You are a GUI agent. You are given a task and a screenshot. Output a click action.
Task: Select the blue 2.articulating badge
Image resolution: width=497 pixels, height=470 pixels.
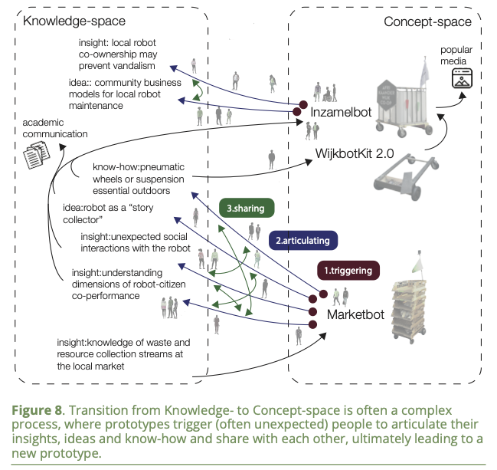(x=302, y=239)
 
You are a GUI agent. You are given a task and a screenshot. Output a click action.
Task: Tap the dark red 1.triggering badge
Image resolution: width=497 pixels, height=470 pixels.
(x=350, y=270)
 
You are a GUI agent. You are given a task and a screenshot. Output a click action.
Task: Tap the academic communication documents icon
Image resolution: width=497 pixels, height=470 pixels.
(x=39, y=156)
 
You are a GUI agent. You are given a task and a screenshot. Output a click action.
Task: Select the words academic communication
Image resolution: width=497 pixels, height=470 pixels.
(x=54, y=128)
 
